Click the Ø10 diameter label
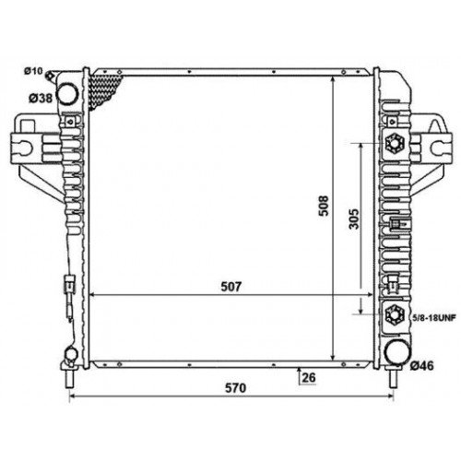[33, 71]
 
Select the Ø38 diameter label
[41, 99]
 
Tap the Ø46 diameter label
[422, 366]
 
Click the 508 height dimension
[324, 206]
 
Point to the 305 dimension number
[354, 219]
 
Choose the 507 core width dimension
[231, 287]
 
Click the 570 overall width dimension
[236, 388]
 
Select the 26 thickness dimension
[309, 378]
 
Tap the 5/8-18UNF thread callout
[434, 317]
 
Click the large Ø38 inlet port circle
[68, 94]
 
